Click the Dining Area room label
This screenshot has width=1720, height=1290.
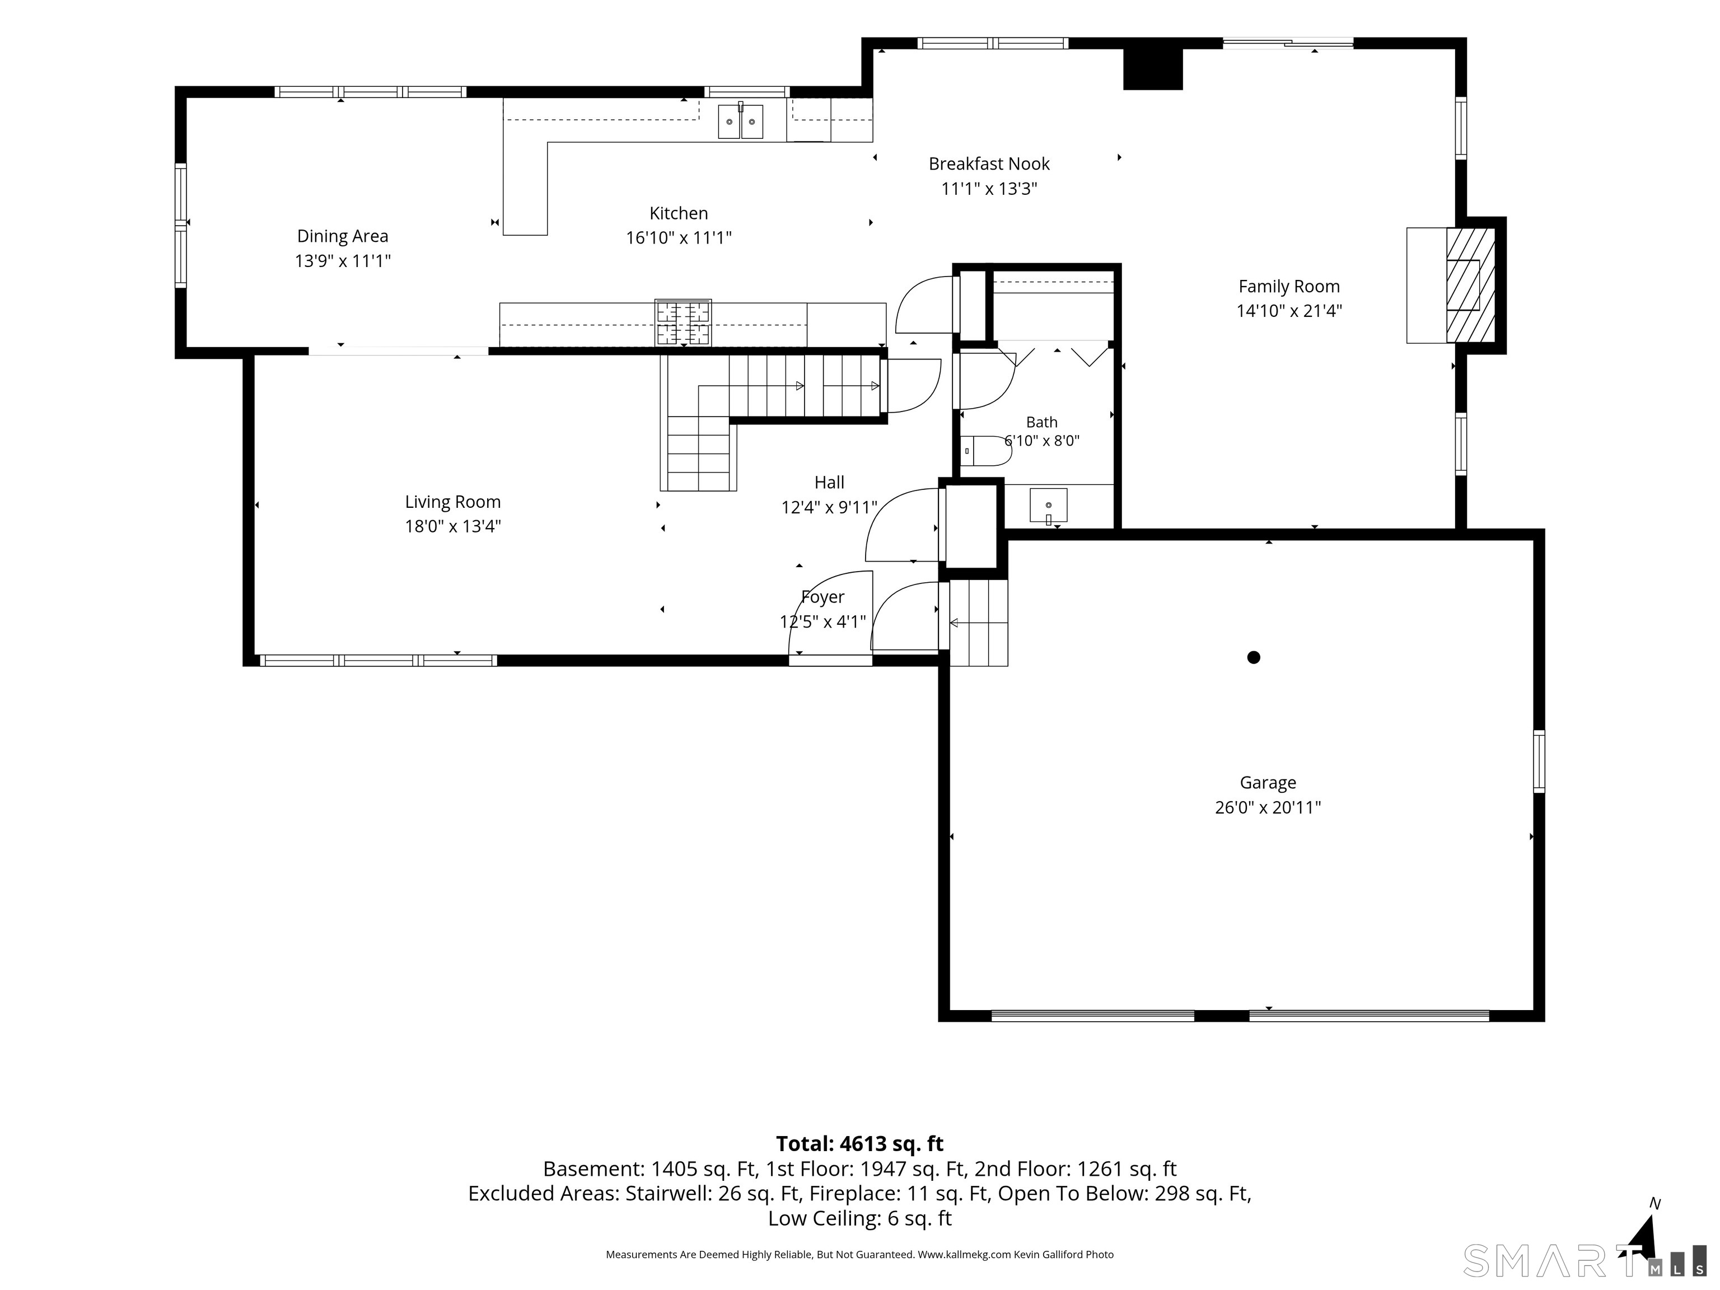tap(342, 236)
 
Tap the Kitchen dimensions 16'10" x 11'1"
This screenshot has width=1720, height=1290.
tap(679, 238)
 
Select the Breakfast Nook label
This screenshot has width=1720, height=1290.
tap(989, 164)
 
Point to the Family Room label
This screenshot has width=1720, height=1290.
tap(1289, 286)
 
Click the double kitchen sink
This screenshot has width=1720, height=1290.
tap(740, 121)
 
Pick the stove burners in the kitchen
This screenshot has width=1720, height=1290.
tap(683, 322)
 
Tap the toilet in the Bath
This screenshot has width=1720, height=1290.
tap(985, 451)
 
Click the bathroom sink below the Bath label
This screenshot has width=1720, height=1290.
tap(1048, 506)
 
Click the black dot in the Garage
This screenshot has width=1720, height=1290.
tap(1254, 657)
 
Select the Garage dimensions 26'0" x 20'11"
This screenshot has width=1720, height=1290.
tap(1268, 807)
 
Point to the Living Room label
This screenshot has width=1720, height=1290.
tap(452, 502)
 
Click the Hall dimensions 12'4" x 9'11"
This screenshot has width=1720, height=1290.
tap(829, 507)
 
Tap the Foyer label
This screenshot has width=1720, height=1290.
tap(822, 597)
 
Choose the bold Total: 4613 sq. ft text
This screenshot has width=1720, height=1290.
tap(859, 1144)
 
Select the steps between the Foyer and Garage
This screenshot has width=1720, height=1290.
tap(978, 623)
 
